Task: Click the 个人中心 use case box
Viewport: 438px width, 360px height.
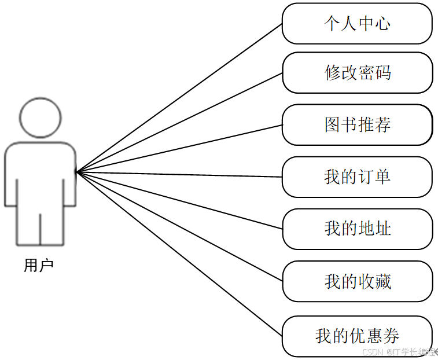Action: (357, 23)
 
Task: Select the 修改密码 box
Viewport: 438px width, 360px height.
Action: (357, 73)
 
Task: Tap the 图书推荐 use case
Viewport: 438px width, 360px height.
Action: (357, 124)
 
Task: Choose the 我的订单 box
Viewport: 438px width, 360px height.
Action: (357, 177)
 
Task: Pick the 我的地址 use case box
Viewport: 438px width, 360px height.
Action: (357, 229)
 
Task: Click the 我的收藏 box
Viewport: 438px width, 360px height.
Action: (357, 281)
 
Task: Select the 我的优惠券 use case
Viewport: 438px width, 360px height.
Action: (357, 336)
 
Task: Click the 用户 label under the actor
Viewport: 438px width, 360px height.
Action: (39, 266)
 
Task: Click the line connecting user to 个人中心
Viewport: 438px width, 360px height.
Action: (179, 98)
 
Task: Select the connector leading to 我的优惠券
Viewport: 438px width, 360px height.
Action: (179, 254)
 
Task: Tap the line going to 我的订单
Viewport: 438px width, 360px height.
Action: (179, 174)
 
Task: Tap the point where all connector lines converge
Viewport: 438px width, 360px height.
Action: (77, 171)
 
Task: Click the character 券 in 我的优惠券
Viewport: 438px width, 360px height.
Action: (391, 336)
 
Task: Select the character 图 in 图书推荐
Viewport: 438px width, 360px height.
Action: (332, 124)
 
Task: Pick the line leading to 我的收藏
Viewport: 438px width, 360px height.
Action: (179, 226)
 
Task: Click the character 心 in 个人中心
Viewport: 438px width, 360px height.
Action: (382, 23)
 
